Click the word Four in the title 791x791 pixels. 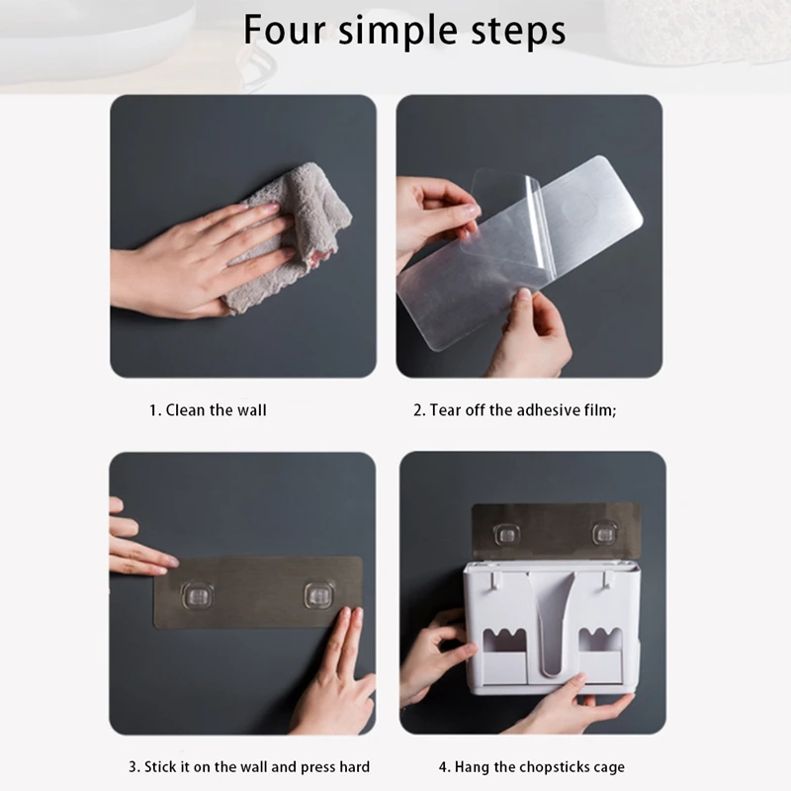[284, 30]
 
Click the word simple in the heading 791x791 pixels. [397, 33]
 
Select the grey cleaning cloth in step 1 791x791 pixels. [289, 237]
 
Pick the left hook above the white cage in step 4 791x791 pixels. [506, 534]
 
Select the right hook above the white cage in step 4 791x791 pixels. [604, 534]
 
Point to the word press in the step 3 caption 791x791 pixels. [317, 768]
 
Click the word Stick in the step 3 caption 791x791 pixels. [159, 767]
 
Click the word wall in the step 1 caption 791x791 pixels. [251, 410]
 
